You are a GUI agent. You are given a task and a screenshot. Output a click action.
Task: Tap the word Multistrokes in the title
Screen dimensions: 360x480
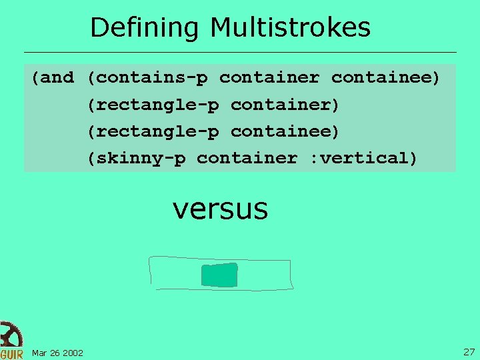tap(290, 28)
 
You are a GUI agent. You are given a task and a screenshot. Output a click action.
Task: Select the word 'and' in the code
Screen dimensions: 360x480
tap(57, 78)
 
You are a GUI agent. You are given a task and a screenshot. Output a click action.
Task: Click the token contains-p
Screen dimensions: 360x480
tap(151, 78)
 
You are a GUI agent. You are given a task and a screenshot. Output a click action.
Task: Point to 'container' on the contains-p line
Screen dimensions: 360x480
tap(269, 78)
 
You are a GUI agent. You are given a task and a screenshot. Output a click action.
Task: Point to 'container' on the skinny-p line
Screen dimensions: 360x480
tap(247, 158)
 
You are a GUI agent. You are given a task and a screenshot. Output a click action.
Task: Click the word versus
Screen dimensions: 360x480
tap(220, 209)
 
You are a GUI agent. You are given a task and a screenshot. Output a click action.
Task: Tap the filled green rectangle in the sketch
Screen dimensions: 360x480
tap(219, 275)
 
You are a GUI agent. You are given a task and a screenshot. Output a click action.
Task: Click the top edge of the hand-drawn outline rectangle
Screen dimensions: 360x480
tap(220, 258)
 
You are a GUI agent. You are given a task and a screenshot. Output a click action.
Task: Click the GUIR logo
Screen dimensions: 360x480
tap(11, 341)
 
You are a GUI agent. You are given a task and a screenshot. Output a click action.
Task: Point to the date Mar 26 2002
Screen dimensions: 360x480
tap(57, 353)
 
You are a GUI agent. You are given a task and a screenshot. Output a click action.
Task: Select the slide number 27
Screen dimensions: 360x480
tap(469, 351)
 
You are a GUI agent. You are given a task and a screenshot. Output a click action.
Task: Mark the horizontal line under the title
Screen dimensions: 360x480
tap(240, 52)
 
